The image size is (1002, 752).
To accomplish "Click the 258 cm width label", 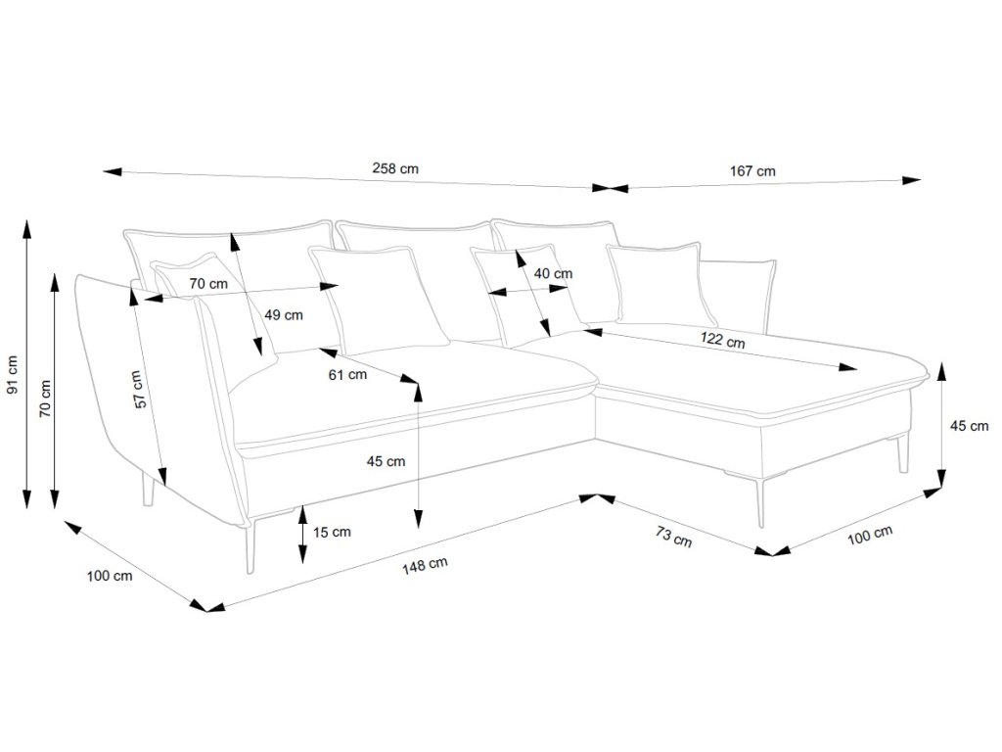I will point(395,168).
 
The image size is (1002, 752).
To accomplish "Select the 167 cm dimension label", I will point(752,170).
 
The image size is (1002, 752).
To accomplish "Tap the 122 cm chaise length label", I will point(723,342).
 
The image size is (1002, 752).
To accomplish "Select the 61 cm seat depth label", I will point(347,374).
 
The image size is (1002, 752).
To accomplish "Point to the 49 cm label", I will point(284,315).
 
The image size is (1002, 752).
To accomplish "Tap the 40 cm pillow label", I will point(553,274).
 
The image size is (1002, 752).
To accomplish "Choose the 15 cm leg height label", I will point(332,533).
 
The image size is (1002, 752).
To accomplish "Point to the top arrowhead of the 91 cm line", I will point(26,229).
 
